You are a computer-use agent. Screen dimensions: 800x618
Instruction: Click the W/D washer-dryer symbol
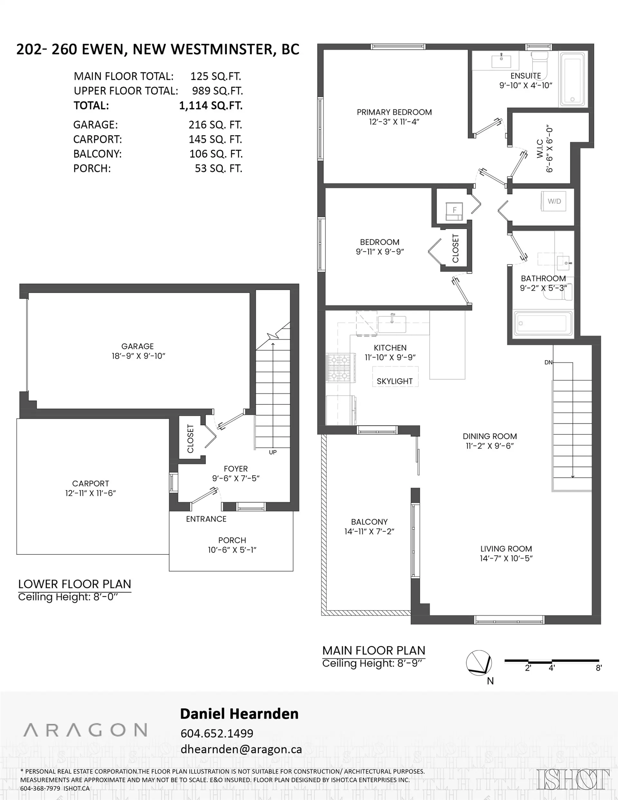click(x=554, y=201)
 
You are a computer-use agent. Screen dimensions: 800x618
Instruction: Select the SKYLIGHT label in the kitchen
click(x=395, y=381)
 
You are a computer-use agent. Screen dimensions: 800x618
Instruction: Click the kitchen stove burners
click(x=340, y=367)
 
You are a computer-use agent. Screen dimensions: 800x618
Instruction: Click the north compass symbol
click(x=479, y=663)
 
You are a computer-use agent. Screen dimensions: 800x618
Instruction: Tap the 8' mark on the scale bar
click(x=599, y=668)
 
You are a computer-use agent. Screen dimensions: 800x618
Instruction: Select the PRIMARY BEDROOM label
click(x=394, y=112)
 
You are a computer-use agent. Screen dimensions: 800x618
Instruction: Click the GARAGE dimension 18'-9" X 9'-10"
click(x=138, y=356)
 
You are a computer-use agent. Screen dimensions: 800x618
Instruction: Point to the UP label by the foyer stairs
click(x=273, y=452)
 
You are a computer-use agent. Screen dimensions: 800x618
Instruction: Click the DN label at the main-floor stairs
click(x=548, y=362)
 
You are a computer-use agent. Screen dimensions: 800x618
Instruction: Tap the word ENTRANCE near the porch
click(x=206, y=519)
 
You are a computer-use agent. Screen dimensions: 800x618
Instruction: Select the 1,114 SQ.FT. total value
click(x=211, y=106)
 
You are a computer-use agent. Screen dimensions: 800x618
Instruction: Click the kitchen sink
click(x=392, y=324)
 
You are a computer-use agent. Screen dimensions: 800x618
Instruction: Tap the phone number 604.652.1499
click(x=217, y=733)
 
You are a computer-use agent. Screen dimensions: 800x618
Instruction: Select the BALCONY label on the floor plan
click(x=369, y=522)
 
